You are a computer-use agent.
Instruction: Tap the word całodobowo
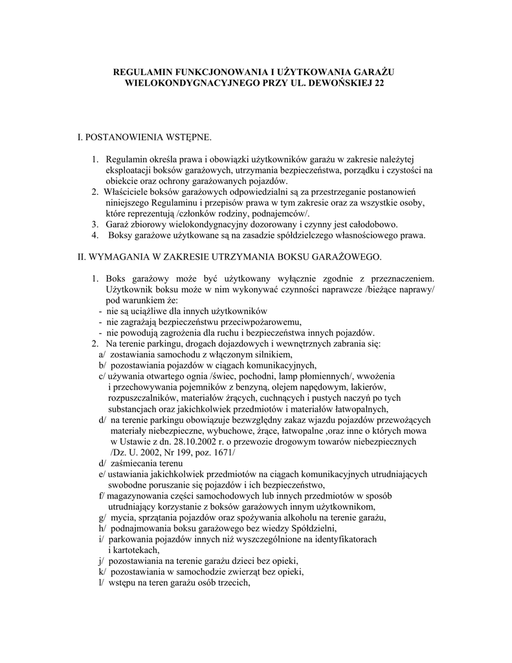tap(371, 224)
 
